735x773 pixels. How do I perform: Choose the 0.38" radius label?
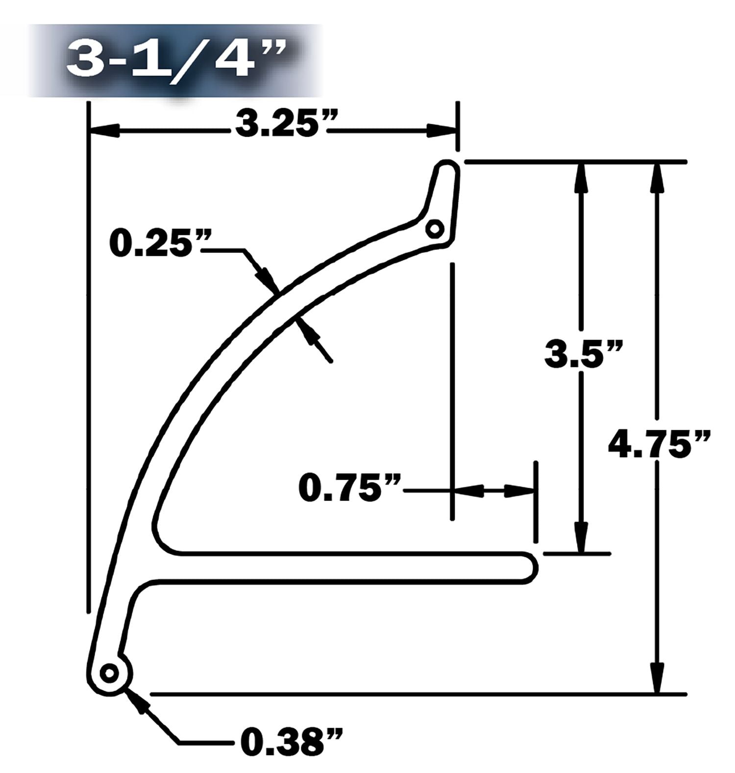(x=291, y=742)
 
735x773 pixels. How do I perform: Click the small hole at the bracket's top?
(x=434, y=228)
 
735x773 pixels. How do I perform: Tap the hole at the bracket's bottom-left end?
(x=109, y=673)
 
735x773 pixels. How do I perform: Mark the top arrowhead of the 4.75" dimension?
(x=658, y=176)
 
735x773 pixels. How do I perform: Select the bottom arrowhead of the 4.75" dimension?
(x=658, y=679)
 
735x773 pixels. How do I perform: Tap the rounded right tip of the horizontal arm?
(x=533, y=568)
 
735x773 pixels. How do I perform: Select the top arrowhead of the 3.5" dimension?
(x=581, y=176)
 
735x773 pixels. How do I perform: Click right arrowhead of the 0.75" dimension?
(x=519, y=491)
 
